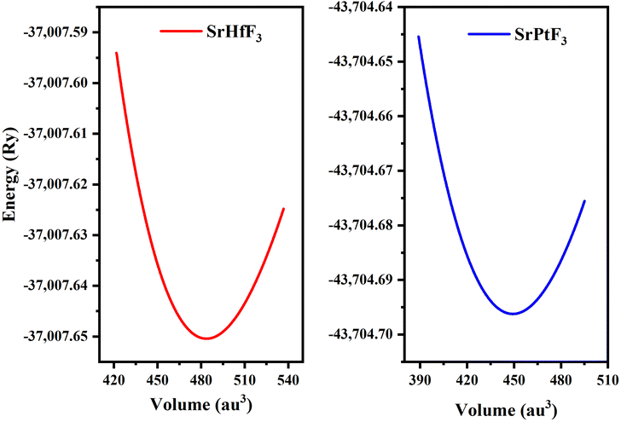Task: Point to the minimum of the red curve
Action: click(206, 338)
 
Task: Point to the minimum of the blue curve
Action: click(514, 314)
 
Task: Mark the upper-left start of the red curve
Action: click(116, 53)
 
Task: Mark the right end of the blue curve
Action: click(584, 201)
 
